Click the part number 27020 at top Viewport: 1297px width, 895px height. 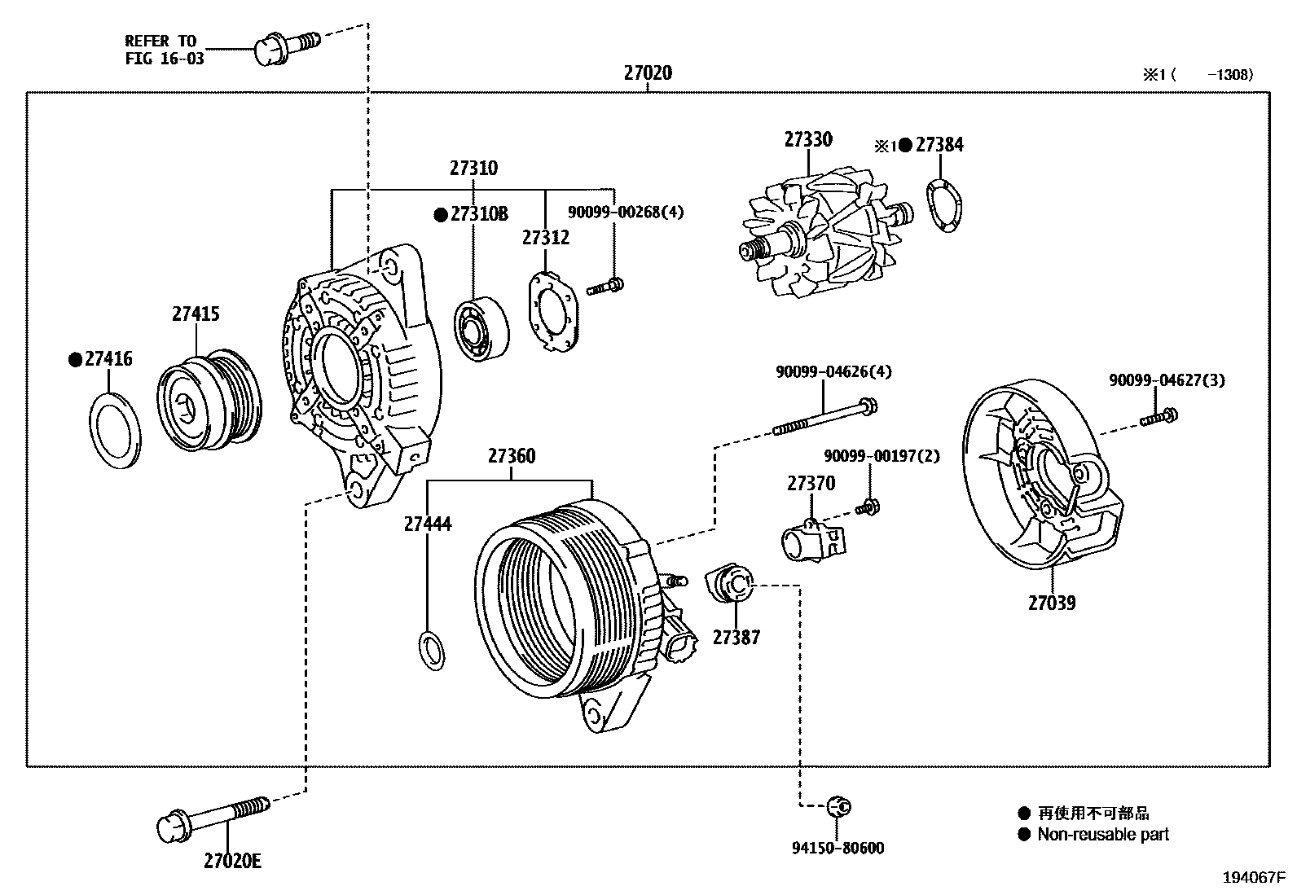(x=648, y=73)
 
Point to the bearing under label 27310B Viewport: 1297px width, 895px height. (x=481, y=328)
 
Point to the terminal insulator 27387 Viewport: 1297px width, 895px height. (x=729, y=586)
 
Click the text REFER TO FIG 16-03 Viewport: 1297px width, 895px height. (x=164, y=50)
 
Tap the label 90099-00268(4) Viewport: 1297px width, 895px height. (x=626, y=213)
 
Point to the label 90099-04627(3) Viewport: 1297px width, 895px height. (x=1166, y=380)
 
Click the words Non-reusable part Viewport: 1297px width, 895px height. (x=1102, y=835)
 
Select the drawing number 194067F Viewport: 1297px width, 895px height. (x=1253, y=878)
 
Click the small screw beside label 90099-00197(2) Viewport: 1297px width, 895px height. (x=868, y=507)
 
